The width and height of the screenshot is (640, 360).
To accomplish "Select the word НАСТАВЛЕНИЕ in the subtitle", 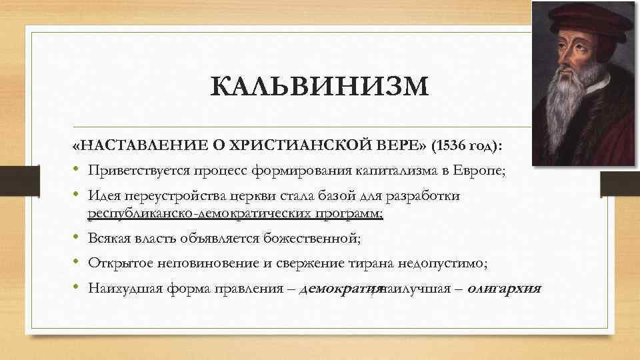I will pos(131,147).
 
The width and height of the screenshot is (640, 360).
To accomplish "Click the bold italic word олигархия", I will pos(505,289).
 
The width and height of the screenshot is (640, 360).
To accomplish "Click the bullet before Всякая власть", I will pos(77,238).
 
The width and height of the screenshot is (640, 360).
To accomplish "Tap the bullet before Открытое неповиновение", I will pos(77,263).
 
